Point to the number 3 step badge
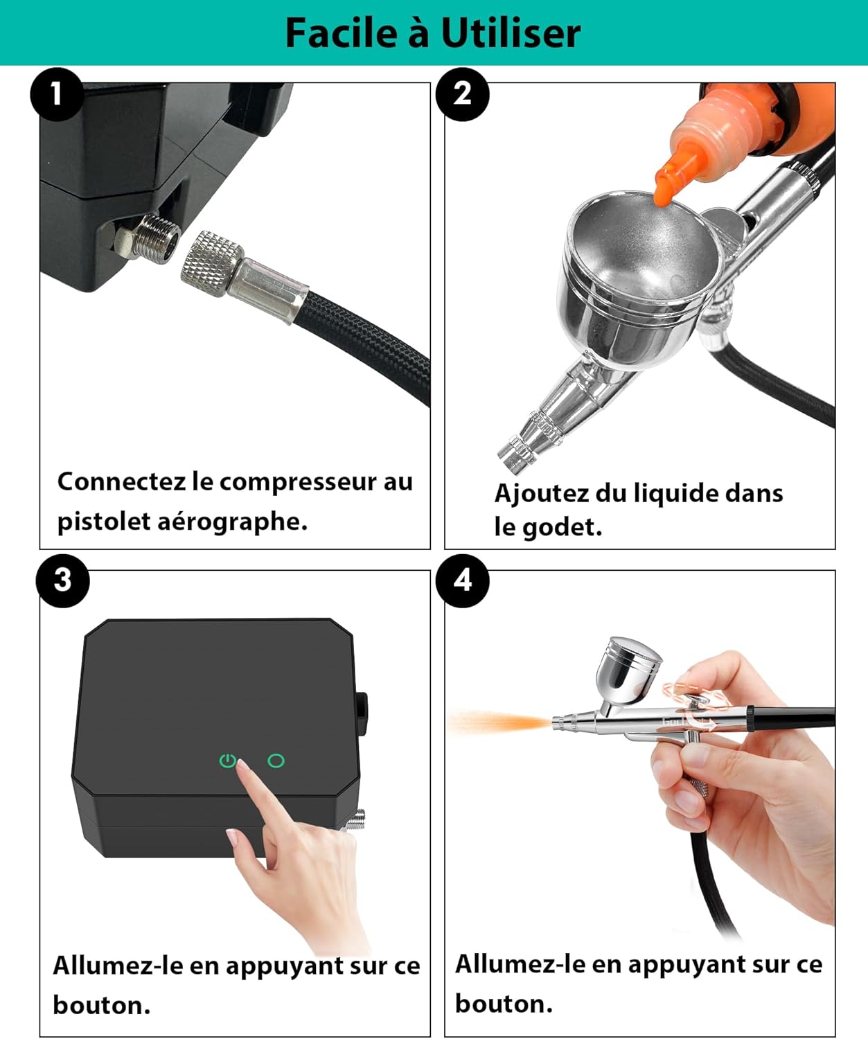tap(62, 580)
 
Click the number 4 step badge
tap(462, 580)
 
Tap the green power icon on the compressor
tap(227, 761)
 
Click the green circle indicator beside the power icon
tap(276, 761)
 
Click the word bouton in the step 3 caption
tap(100, 1005)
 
